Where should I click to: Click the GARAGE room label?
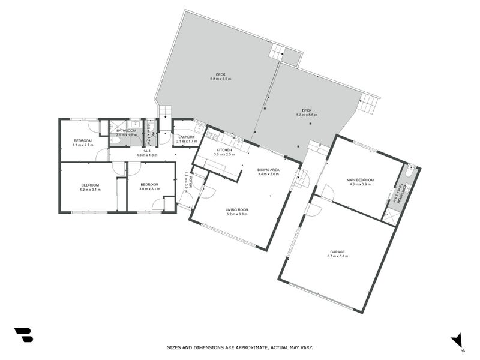pos(337,252)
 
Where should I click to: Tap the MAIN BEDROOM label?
pos(360,180)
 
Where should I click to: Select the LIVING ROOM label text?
pos(237,210)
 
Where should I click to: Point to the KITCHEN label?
pos(224,150)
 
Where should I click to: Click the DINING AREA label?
pos(268,170)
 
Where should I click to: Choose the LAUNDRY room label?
pos(187,137)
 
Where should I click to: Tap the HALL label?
pos(146,151)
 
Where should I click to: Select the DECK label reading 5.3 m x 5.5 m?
pos(307,115)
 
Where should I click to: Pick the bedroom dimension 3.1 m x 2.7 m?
pos(83,145)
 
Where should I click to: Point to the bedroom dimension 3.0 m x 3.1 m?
pos(149,189)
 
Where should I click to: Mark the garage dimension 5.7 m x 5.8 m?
pos(337,256)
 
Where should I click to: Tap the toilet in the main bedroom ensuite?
pos(409,173)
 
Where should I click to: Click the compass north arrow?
pos(457,340)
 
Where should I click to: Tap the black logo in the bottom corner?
pos(23,335)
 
